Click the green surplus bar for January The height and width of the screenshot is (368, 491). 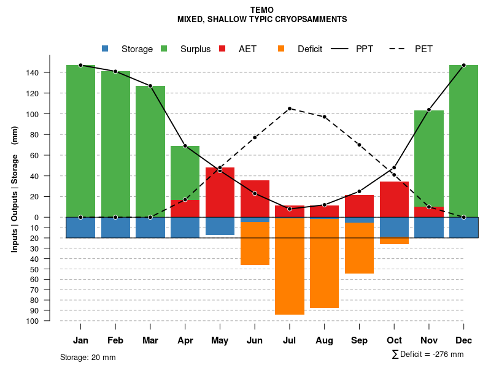pyautogui.click(x=80, y=141)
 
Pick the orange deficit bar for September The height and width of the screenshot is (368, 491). pyautogui.click(x=359, y=248)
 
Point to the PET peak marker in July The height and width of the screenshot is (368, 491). pyautogui.click(x=290, y=109)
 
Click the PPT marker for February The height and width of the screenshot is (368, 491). pyautogui.click(x=115, y=71)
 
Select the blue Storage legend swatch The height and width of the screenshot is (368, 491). pyautogui.click(x=105, y=48)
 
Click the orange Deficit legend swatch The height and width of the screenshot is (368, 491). pyautogui.click(x=281, y=48)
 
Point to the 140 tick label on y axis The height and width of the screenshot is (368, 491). pyautogui.click(x=33, y=72)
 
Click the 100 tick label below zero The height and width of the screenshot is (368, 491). pyautogui.click(x=33, y=321)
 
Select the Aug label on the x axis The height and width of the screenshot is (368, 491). pyautogui.click(x=324, y=340)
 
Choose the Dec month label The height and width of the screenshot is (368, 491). pyautogui.click(x=464, y=340)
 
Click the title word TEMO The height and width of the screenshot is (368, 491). pyautogui.click(x=262, y=10)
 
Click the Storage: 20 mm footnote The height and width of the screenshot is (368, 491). pyautogui.click(x=88, y=357)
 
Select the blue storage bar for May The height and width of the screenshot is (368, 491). pyautogui.click(x=220, y=226)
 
